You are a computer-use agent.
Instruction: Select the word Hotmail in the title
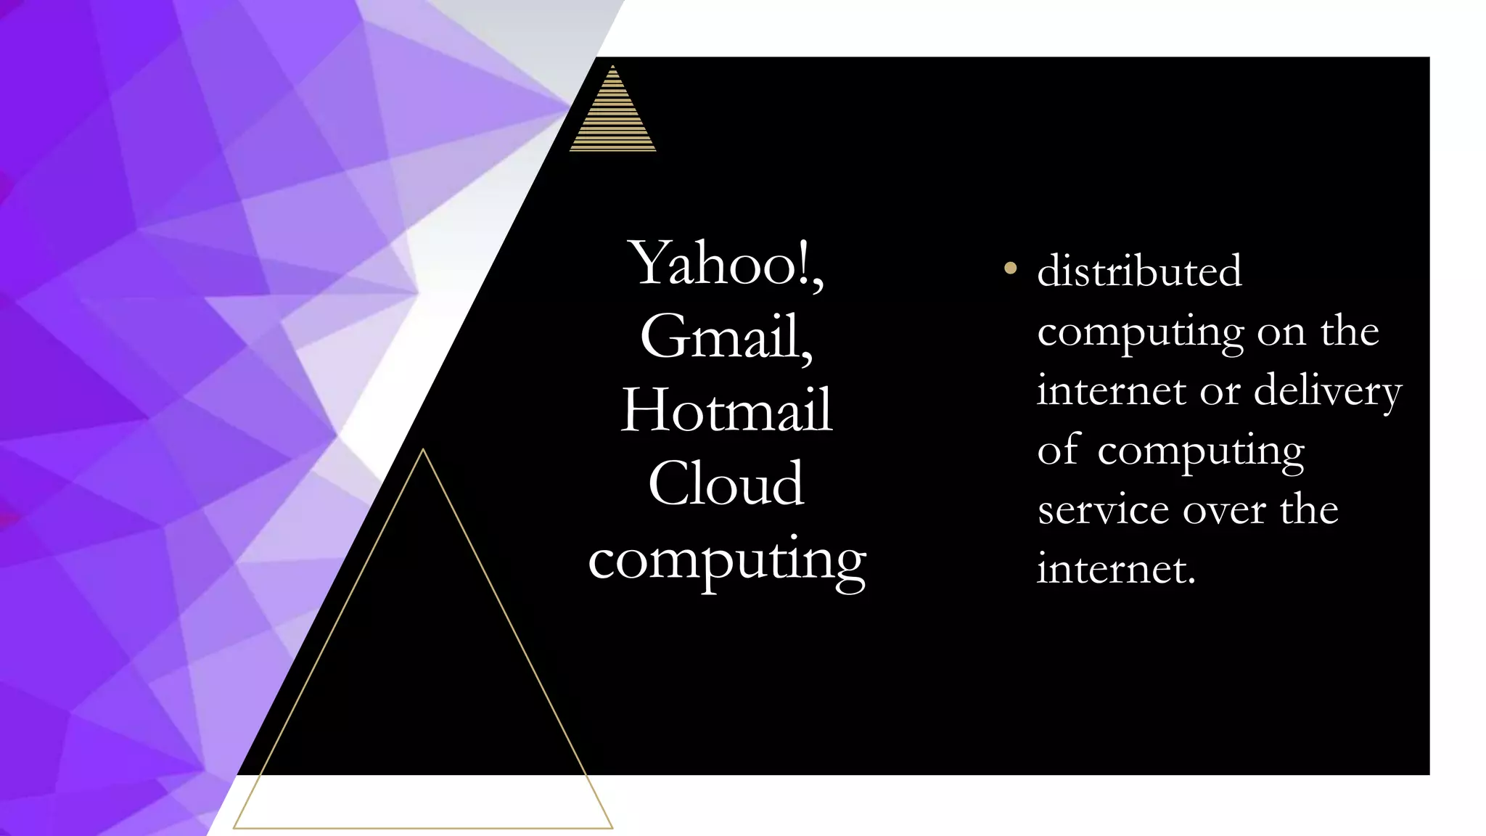coord(726,410)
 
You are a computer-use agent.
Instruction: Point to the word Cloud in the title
coord(726,483)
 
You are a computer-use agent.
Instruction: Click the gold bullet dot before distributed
coord(1009,269)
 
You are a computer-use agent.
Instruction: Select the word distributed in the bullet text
coord(1139,271)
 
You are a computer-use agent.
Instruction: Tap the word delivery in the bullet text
coord(1327,392)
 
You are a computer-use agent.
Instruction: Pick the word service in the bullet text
coord(1104,510)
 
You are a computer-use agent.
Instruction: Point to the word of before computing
coord(1059,450)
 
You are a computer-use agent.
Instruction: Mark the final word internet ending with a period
coord(1115,570)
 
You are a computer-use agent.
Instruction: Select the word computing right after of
coord(1200,453)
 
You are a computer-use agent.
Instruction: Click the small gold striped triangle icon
coord(613,116)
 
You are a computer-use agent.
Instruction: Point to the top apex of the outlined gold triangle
coord(423,450)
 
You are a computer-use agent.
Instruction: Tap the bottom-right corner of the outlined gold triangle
coord(612,827)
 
